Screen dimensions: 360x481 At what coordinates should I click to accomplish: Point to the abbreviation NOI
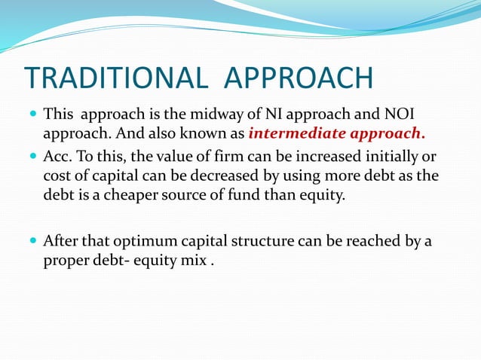(x=400, y=116)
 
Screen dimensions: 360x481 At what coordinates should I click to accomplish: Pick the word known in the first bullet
(x=221, y=136)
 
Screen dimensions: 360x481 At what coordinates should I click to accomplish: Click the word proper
(x=64, y=261)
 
